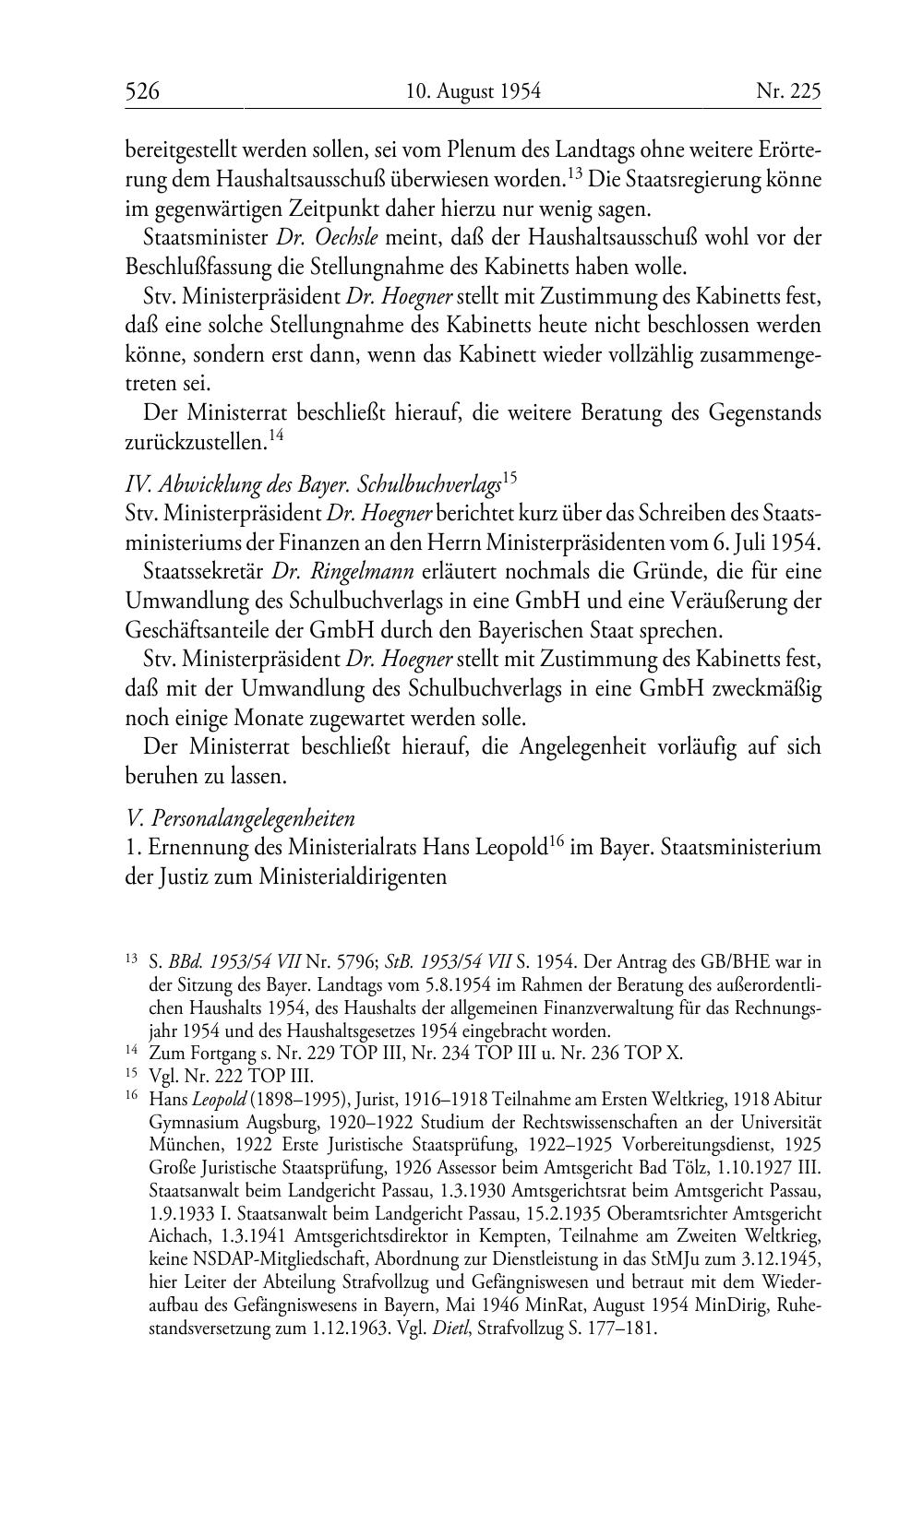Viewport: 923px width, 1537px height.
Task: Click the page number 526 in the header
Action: pyautogui.click(x=143, y=90)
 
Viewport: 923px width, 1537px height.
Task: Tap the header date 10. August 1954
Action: pyautogui.click(x=473, y=90)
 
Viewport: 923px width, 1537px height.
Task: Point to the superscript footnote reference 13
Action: pyautogui.click(x=574, y=172)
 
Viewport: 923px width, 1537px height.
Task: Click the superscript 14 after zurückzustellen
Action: pyautogui.click(x=276, y=435)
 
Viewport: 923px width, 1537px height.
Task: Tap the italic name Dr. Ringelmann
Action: pyautogui.click(x=359, y=571)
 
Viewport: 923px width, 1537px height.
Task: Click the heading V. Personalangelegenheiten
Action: pyautogui.click(x=240, y=817)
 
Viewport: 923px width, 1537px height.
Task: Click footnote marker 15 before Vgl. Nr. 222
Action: pyautogui.click(x=131, y=1074)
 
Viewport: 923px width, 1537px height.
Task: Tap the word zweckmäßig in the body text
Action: pyautogui.click(x=765, y=688)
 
